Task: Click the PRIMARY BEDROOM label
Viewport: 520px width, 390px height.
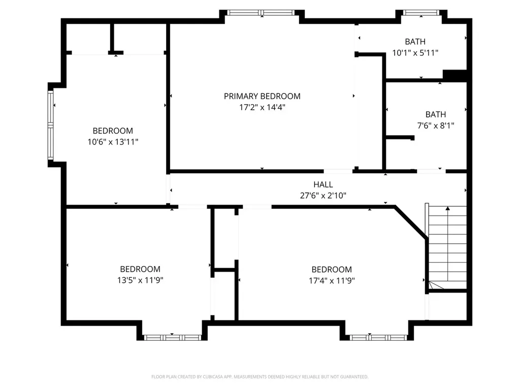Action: click(262, 96)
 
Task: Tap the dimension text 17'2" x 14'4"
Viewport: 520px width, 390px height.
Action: click(262, 107)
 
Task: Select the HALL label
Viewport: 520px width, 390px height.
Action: click(323, 184)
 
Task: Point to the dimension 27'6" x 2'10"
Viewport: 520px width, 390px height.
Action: click(323, 196)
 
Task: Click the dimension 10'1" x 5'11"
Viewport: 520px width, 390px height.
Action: click(415, 53)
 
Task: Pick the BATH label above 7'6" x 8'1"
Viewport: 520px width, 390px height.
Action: click(435, 114)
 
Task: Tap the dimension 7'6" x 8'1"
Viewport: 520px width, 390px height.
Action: click(435, 125)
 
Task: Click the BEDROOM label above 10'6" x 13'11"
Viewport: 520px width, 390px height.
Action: click(113, 131)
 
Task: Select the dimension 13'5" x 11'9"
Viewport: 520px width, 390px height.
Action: click(140, 280)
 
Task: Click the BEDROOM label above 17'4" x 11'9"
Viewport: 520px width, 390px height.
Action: click(332, 269)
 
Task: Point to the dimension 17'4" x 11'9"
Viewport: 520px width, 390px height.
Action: click(332, 280)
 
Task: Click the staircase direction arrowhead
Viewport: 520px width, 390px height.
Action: click(448, 208)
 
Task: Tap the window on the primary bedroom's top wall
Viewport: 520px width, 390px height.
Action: click(261, 13)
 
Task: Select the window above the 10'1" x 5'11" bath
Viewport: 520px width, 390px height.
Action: click(421, 13)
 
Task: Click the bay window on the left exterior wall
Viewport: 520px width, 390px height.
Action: click(50, 125)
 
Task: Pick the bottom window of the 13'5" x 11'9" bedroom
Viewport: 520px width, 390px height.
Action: click(172, 338)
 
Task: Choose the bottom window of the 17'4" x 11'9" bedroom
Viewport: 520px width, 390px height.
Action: click(378, 338)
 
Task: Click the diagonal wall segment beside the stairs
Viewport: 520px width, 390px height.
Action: click(411, 222)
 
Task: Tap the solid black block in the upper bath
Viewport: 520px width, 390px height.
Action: click(455, 75)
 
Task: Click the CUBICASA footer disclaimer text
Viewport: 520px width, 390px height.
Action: click(259, 377)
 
